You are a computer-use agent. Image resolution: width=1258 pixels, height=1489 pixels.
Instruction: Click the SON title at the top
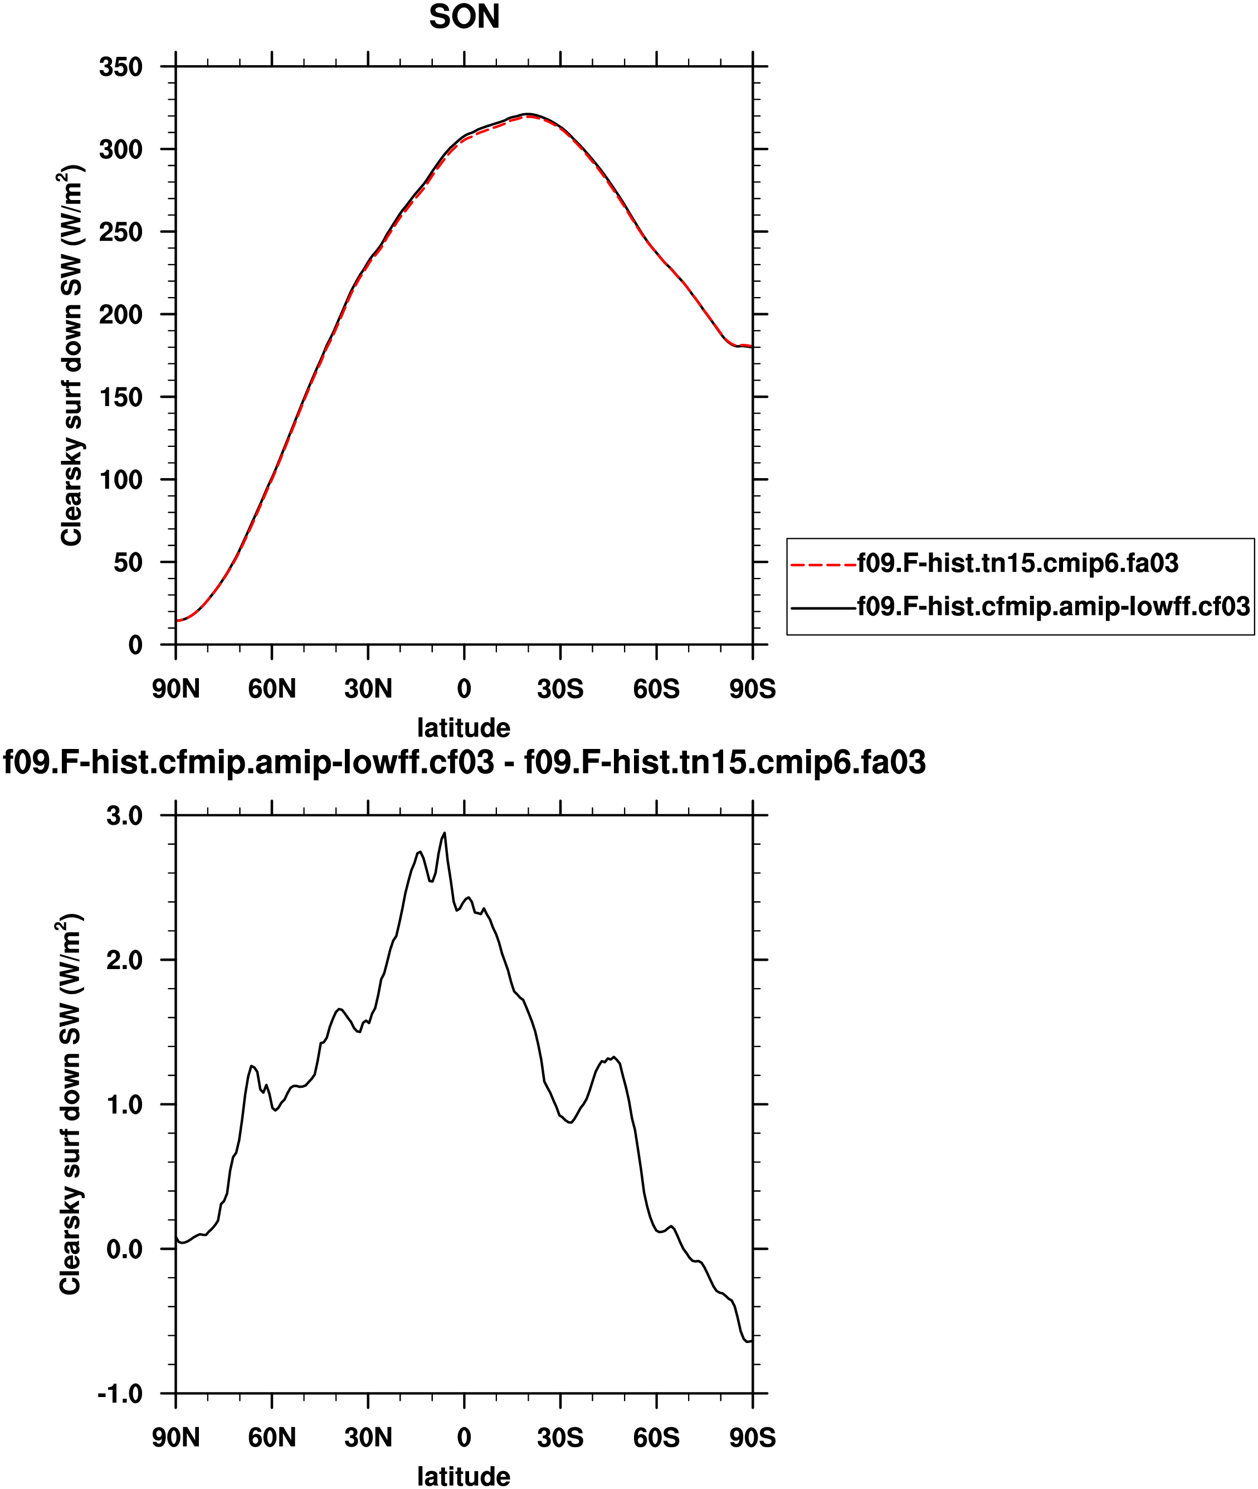(464, 17)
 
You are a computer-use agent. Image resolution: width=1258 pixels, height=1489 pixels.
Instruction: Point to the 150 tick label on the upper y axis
(121, 397)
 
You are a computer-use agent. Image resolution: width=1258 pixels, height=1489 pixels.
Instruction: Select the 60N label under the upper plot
(272, 689)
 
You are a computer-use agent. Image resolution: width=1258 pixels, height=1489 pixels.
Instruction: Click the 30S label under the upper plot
(560, 689)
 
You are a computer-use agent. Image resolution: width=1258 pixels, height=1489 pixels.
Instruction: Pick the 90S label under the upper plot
(752, 689)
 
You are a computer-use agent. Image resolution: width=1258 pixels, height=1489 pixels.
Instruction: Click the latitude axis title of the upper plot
(464, 728)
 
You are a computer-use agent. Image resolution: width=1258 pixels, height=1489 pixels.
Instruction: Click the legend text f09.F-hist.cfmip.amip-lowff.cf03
(1054, 607)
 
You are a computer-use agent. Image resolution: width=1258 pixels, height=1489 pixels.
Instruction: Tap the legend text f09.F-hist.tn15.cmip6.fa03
(1018, 563)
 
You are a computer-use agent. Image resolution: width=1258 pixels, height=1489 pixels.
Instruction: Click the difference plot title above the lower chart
(464, 762)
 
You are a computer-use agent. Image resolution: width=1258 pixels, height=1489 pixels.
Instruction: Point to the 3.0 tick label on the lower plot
(125, 816)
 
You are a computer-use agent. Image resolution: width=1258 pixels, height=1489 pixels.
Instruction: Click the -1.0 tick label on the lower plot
(120, 1394)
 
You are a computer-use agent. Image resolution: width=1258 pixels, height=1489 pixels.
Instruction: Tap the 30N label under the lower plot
(368, 1438)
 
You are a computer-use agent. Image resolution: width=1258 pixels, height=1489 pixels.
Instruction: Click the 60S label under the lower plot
(656, 1438)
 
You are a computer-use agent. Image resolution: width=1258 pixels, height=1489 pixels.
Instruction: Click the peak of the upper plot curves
(527, 114)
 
